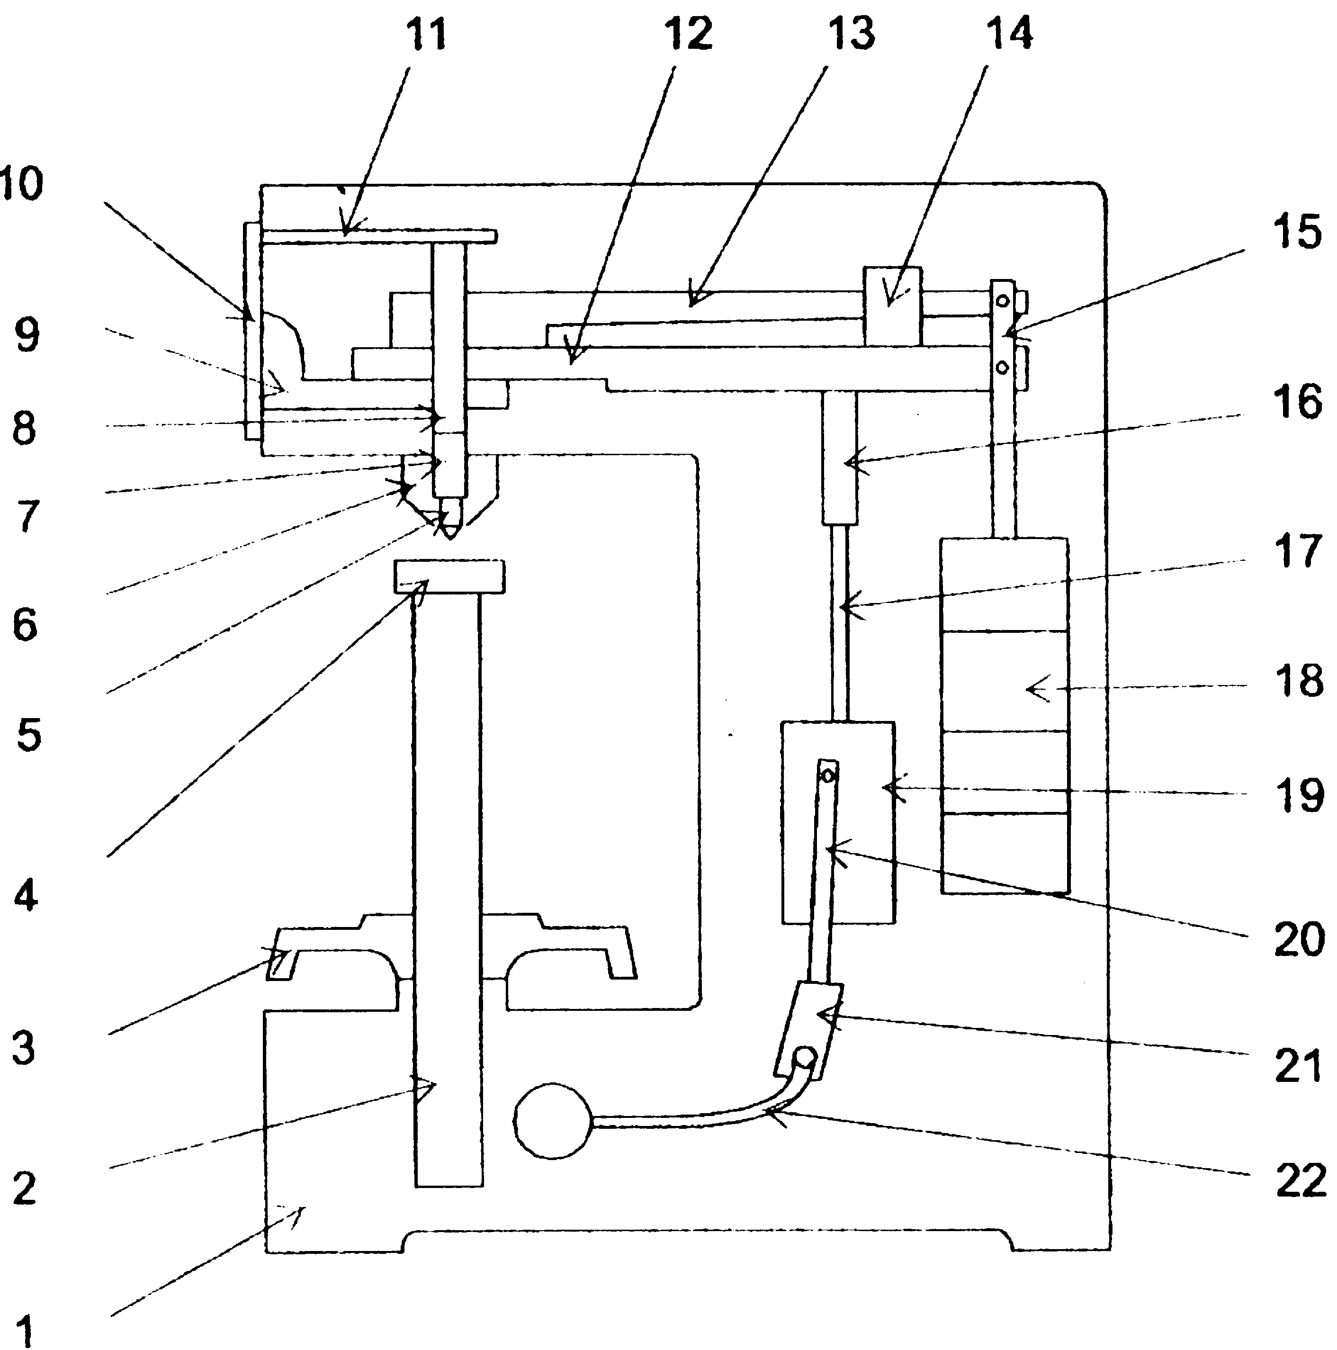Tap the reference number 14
click(x=1009, y=34)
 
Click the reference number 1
click(x=25, y=1328)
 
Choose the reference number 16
click(x=1298, y=401)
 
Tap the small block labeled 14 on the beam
click(x=892, y=306)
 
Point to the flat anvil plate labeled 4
click(x=449, y=576)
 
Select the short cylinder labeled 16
click(x=839, y=457)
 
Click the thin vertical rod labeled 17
click(x=840, y=622)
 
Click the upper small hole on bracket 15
click(x=1003, y=300)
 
